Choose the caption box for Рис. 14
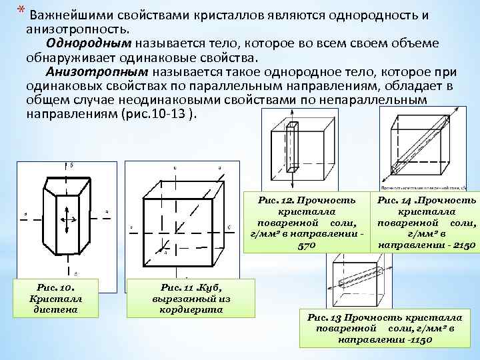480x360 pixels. coord(427,223)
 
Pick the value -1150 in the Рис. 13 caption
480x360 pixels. coord(419,339)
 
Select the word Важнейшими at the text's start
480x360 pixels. coord(65,15)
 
